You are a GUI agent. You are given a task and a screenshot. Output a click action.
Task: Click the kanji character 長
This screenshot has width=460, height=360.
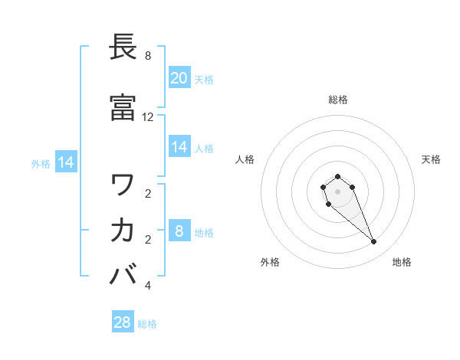pos(123,47)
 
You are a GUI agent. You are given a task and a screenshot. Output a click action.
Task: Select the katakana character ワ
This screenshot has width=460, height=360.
pos(123,185)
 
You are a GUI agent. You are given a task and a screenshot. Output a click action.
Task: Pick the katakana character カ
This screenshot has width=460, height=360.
pos(123,230)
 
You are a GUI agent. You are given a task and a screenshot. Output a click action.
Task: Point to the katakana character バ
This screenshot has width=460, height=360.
pos(123,273)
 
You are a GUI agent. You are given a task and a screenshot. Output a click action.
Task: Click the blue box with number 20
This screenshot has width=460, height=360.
pos(179,78)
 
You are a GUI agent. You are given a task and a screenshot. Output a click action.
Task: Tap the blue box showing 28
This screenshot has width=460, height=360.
pos(123,322)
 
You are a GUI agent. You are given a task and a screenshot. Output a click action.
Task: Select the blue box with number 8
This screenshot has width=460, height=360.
pos(179,231)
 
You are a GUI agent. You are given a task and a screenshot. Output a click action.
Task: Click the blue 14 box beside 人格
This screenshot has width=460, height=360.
pos(179,147)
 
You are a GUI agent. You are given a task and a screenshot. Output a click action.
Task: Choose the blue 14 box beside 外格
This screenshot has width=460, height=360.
pos(66,162)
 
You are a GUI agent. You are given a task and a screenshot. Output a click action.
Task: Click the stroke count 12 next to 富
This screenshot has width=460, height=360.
pos(148,117)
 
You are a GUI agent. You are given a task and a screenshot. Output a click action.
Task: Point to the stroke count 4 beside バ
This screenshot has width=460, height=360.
pos(148,286)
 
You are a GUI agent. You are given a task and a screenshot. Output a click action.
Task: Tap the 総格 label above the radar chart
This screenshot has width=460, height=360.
pos(338,100)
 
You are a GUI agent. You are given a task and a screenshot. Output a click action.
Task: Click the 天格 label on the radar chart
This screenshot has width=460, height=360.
pos(432,159)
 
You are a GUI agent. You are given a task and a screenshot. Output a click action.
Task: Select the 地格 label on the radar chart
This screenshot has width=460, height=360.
pos(402,262)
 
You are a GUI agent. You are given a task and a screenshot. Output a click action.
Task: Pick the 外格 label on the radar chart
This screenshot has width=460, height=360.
pos(270,262)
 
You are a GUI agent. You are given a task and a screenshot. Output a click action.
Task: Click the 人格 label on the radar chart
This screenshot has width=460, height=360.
pos(245,159)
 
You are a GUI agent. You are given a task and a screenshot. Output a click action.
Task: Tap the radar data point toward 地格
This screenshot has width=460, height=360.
pos(374,242)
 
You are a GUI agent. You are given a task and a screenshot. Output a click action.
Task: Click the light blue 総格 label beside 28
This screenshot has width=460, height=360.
pos(147,324)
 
